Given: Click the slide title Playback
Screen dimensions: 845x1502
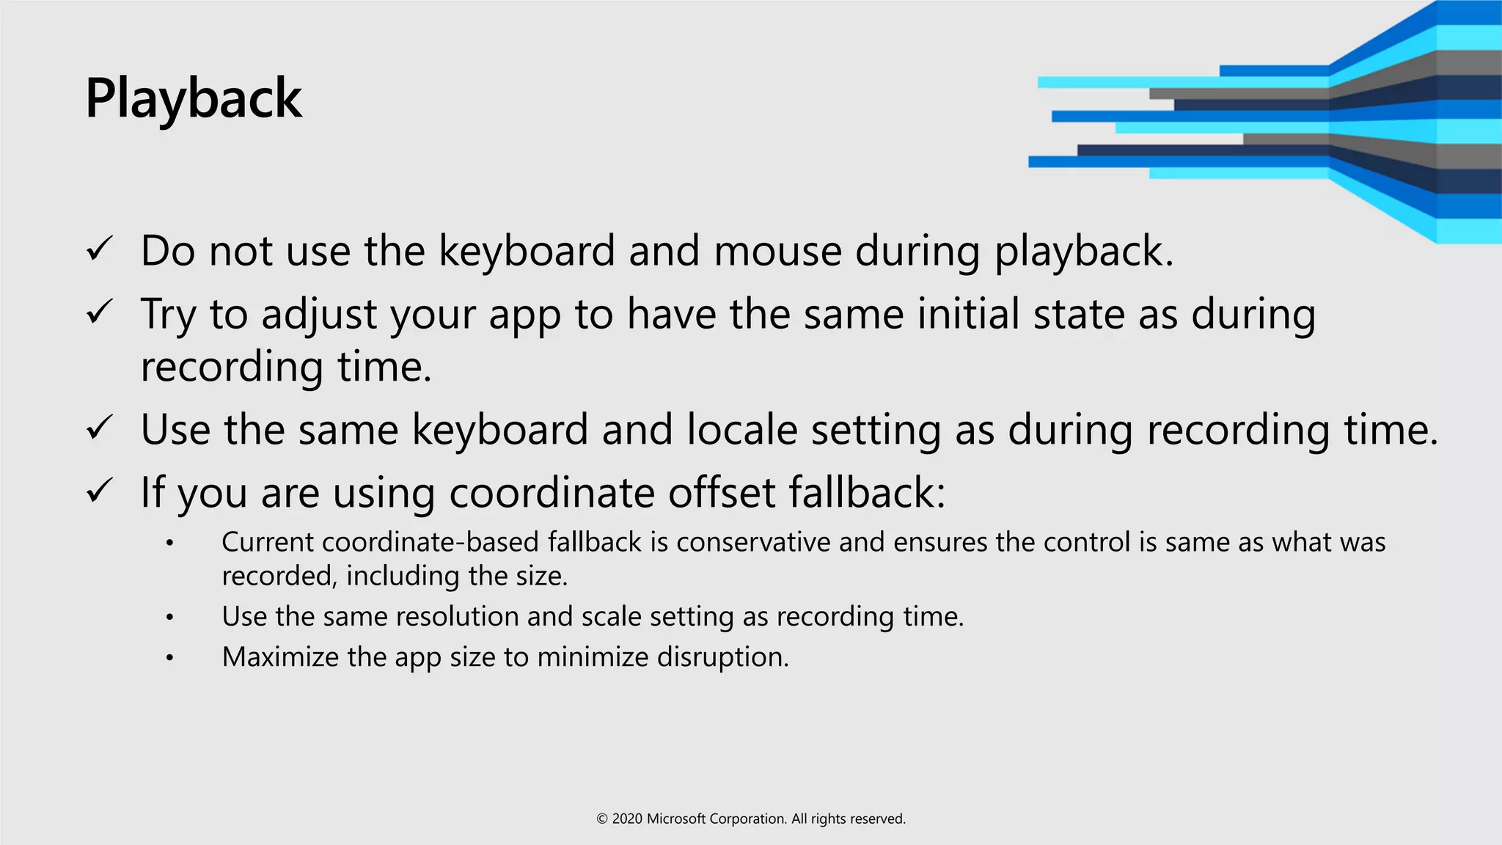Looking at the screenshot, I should (194, 98).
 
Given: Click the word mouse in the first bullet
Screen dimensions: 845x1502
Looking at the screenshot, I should (777, 252).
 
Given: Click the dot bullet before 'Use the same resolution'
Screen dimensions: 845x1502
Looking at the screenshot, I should (169, 618).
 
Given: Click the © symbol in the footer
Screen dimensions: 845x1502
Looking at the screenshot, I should (602, 819).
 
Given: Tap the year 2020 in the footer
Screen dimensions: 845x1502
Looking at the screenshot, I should (627, 819).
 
